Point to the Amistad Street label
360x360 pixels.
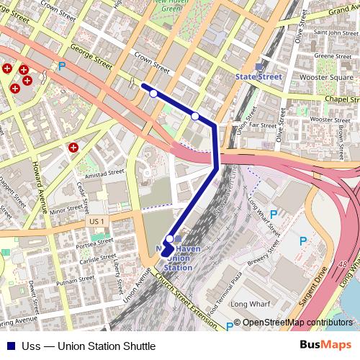105,174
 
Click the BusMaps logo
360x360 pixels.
325,345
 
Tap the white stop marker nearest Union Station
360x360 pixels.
170,238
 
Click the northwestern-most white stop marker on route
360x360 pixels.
153,94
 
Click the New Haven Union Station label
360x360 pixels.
179,257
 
